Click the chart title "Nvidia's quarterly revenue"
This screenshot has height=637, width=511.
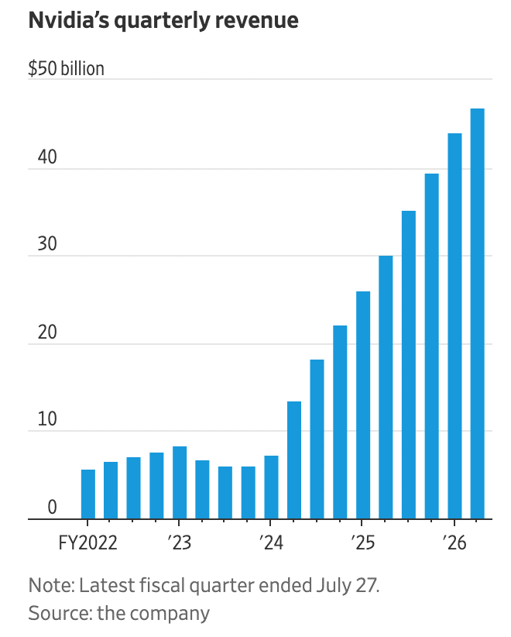(163, 21)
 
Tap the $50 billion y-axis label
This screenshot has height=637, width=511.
(66, 69)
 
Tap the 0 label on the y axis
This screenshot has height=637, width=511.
(52, 508)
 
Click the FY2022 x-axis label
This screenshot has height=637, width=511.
(87, 542)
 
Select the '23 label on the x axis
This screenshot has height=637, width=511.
(179, 542)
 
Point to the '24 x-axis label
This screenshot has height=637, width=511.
(270, 542)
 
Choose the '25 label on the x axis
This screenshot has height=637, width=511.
(362, 542)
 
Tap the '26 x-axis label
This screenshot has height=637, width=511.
(454, 542)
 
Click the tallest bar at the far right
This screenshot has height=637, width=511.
(478, 314)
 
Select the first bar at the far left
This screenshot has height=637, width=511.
(87, 494)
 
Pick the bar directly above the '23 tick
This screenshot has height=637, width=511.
(179, 483)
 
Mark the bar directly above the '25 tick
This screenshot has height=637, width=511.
(362, 405)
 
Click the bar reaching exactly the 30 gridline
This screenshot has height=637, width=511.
(386, 387)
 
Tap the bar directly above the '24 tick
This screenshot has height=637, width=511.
(271, 487)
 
